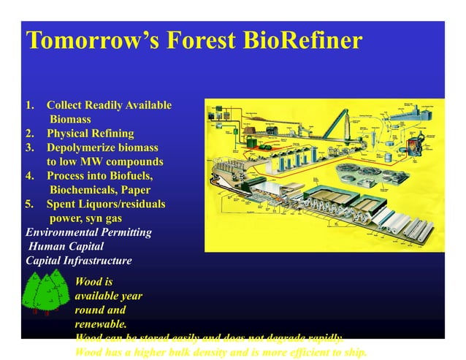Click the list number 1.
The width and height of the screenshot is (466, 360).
tap(30, 106)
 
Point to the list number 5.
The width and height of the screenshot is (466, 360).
tap(30, 204)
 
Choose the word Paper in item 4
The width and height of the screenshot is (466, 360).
tap(136, 190)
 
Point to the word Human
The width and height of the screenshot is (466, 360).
tap(45, 246)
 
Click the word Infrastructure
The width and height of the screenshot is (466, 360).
tap(98, 260)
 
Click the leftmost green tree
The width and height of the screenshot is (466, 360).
tap(33, 296)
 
